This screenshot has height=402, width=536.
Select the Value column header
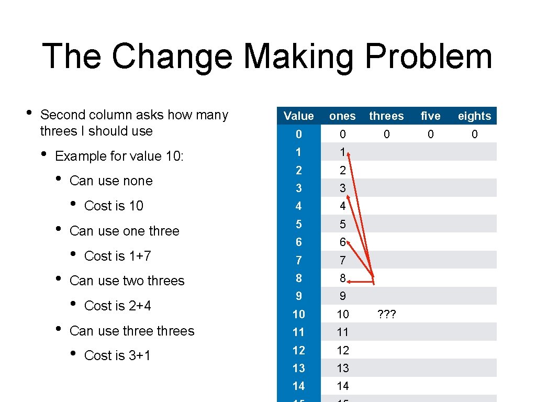pos(298,116)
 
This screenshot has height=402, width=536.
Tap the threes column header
pos(386,116)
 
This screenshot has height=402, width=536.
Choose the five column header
pos(430,116)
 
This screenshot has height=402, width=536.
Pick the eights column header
pos(474,116)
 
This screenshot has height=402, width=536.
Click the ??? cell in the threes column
pos(386,315)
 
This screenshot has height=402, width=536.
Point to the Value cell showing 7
pos(298,260)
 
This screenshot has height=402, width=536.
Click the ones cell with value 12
pos(342,350)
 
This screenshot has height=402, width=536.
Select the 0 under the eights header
pos(474,135)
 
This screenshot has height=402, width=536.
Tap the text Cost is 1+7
pos(117,256)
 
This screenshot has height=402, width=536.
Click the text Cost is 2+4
pos(117,306)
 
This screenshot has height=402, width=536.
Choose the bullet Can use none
pos(111,181)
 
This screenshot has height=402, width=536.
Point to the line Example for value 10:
pos(119,156)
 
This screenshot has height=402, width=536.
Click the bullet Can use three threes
pos(131,331)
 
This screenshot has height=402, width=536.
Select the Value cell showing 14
pos(298,386)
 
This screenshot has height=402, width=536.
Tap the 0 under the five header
pos(430,135)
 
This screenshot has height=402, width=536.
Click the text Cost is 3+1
pos(117,355)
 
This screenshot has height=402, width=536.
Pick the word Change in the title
pos(172,57)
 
